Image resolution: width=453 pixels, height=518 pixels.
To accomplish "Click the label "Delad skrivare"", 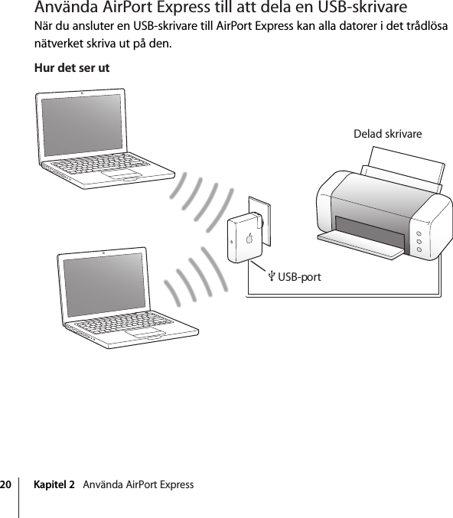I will point(387,134).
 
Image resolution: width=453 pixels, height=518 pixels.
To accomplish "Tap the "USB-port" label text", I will point(299,276).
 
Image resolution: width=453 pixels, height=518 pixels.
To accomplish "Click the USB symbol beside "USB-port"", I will point(271,275).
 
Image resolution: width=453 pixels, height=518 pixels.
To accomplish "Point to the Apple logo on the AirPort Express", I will point(249,237).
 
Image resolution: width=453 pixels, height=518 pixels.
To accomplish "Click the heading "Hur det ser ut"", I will point(72,68).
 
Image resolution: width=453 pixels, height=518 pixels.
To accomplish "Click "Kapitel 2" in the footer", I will point(55,485).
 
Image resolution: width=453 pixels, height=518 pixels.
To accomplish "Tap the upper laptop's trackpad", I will point(125,175).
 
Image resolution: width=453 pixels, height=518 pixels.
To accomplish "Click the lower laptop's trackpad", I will point(146,334).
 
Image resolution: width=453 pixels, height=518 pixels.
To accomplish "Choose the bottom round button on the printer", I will point(420,249).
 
